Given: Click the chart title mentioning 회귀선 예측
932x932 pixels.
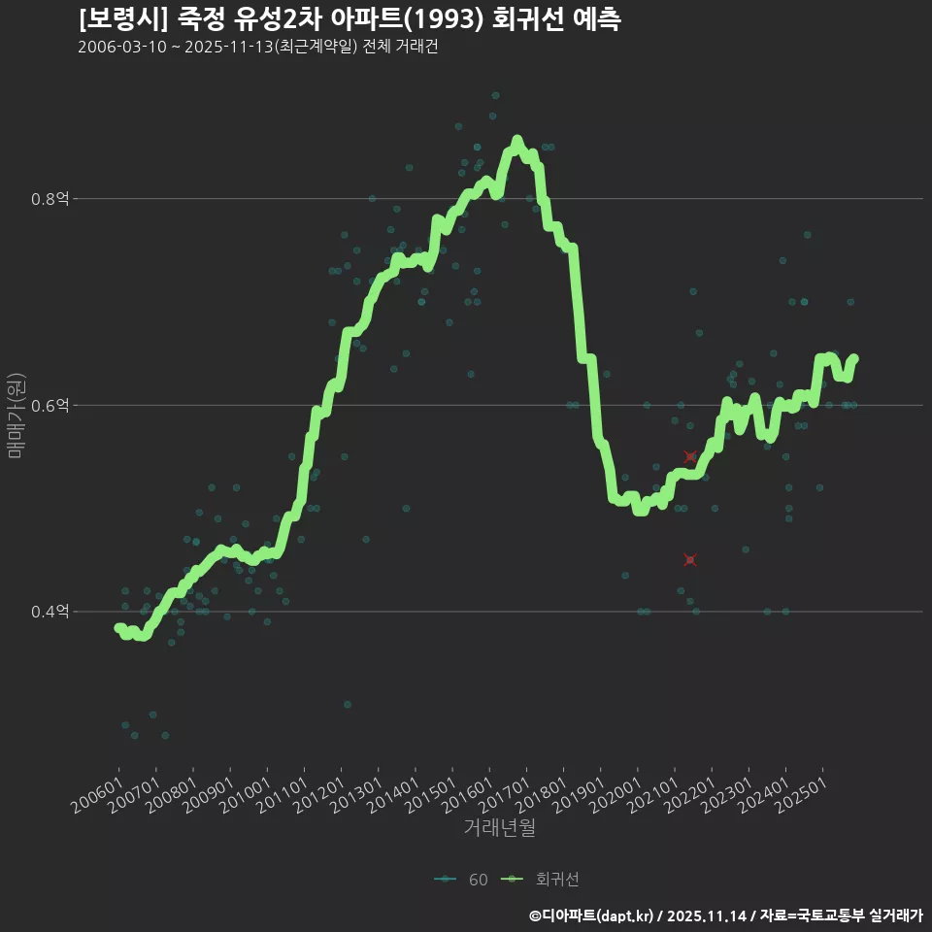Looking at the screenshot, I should tap(349, 19).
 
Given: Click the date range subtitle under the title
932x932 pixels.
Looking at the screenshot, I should tap(257, 48).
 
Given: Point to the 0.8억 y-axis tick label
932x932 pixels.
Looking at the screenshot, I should tap(50, 199).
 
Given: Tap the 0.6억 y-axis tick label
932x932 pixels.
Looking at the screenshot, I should tap(50, 405).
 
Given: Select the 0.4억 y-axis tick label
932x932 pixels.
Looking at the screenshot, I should tap(50, 612).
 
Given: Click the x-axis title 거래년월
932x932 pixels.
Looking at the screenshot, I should tap(499, 828).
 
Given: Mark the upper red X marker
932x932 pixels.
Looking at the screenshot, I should tap(690, 456).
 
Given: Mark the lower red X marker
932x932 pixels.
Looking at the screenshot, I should tap(690, 559).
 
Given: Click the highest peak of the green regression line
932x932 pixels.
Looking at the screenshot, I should tap(516, 141).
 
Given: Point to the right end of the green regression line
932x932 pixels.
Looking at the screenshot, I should tap(854, 358).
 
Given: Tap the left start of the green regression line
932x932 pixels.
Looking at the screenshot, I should tap(118, 628).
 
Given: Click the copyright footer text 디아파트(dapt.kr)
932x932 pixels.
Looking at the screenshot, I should tap(598, 915).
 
